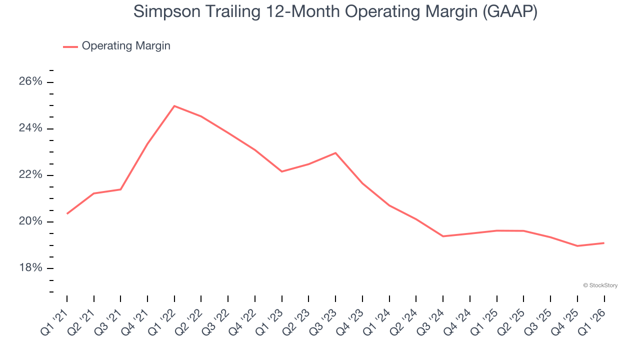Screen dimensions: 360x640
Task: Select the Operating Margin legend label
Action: click(125, 46)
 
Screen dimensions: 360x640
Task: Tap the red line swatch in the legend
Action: click(70, 46)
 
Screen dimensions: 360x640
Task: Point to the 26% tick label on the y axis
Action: click(30, 82)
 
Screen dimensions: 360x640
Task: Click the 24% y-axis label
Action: click(30, 128)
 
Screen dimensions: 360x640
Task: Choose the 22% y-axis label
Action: click(30, 175)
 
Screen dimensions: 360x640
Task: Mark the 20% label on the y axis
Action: click(30, 221)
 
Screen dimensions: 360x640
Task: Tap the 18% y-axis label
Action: click(30, 268)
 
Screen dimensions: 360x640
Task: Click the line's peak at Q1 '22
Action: click(174, 106)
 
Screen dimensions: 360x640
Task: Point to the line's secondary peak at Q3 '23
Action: click(335, 153)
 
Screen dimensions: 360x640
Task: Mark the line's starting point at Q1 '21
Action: click(67, 213)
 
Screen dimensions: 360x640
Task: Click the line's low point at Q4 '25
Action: click(577, 246)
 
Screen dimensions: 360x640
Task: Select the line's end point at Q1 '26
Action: click(604, 243)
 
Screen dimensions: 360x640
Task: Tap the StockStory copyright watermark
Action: click(600, 285)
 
